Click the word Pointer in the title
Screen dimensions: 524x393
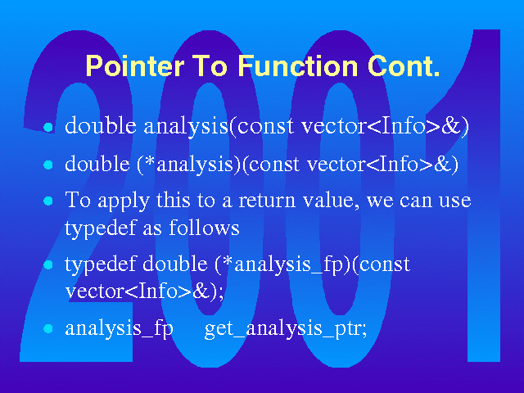click(x=135, y=66)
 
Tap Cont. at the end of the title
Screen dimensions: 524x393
click(x=404, y=66)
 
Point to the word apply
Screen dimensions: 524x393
click(x=124, y=201)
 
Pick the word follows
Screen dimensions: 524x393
click(x=204, y=228)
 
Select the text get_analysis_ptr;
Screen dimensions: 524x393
click(x=286, y=329)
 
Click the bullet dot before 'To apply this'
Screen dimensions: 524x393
click(x=48, y=201)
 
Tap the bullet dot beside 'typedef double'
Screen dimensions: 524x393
click(x=48, y=265)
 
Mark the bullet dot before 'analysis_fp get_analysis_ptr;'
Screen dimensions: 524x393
click(x=48, y=328)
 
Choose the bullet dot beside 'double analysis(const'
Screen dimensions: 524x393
click(x=48, y=127)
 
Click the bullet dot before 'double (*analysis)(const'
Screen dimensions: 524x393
click(x=48, y=165)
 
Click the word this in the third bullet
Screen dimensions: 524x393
click(x=174, y=200)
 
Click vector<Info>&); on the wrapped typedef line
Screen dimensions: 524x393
click(x=144, y=291)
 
